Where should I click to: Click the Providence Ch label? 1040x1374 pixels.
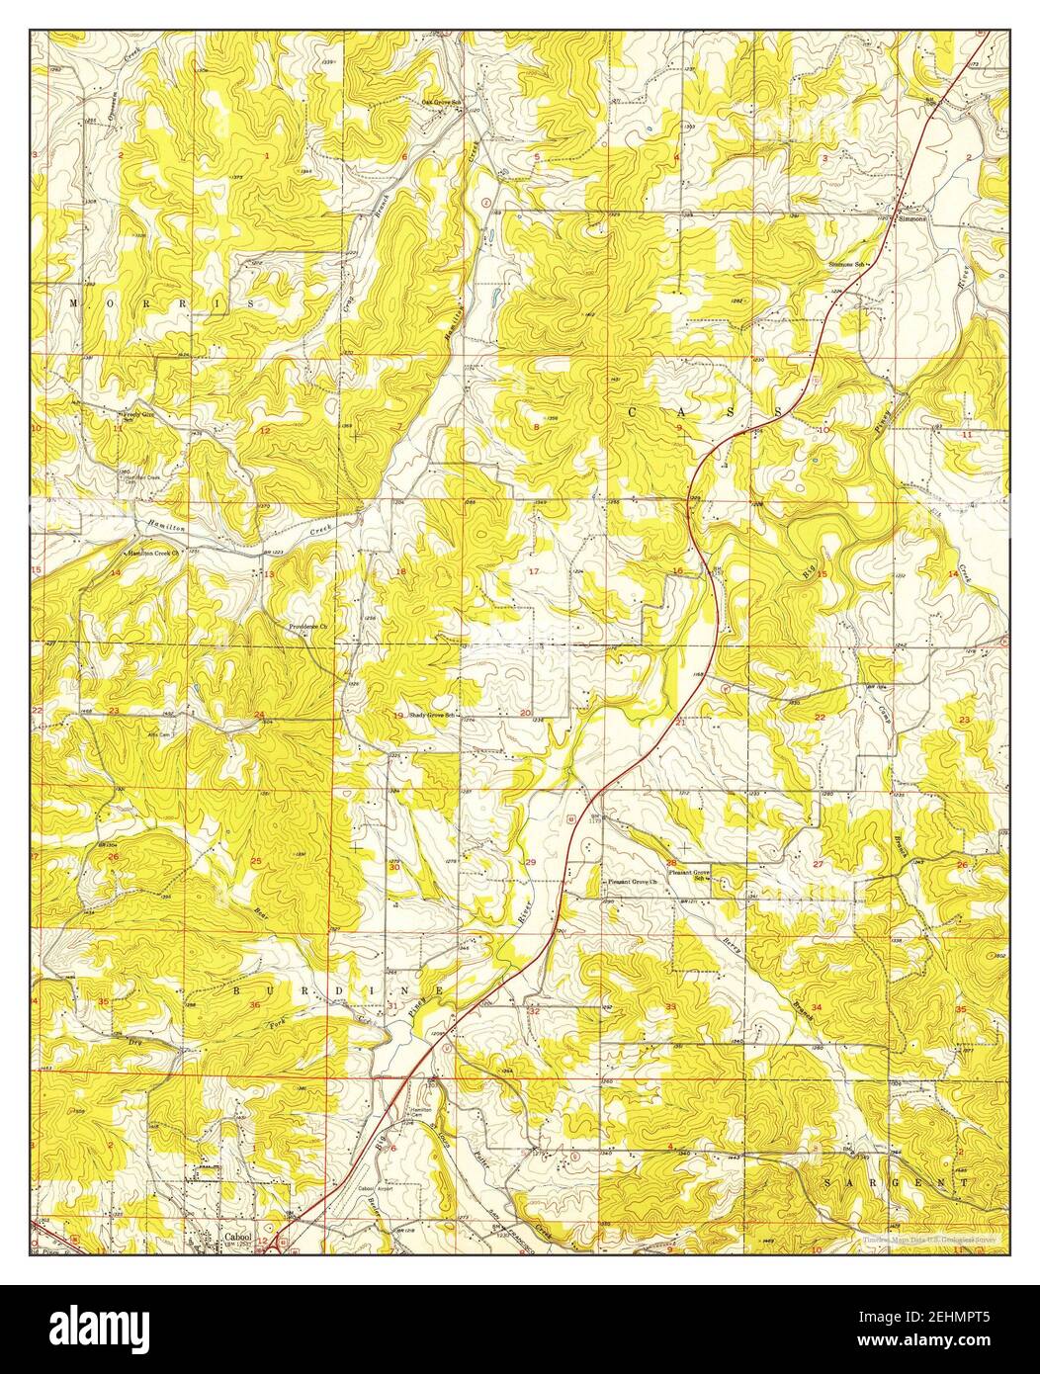tap(306, 627)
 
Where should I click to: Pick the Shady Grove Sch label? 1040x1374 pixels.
tap(435, 715)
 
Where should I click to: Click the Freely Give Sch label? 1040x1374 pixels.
tap(139, 416)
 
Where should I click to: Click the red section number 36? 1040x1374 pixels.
tap(256, 1005)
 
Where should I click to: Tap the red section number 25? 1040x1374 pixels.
tap(256, 862)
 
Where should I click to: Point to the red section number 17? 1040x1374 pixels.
tap(534, 573)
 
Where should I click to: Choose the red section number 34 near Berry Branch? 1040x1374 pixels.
tap(816, 1007)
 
